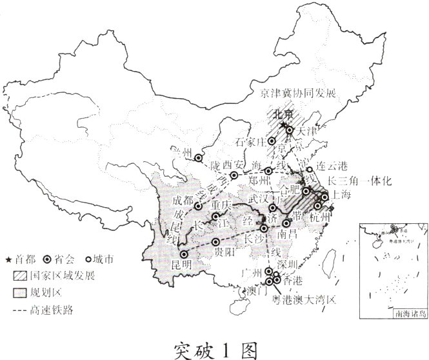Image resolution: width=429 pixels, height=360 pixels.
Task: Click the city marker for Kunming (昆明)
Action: point(183,254)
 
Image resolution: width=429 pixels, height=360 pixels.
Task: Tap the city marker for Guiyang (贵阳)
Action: point(215,243)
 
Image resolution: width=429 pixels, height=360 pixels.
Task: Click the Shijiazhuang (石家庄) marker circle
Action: point(272,141)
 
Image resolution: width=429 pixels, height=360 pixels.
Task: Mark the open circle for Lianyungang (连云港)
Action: point(310,170)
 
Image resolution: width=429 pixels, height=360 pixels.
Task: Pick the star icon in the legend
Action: point(8,261)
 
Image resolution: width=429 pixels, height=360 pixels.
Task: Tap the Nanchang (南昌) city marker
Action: point(286,224)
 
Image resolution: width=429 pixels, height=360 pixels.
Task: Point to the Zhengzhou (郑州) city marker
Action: point(268,172)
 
